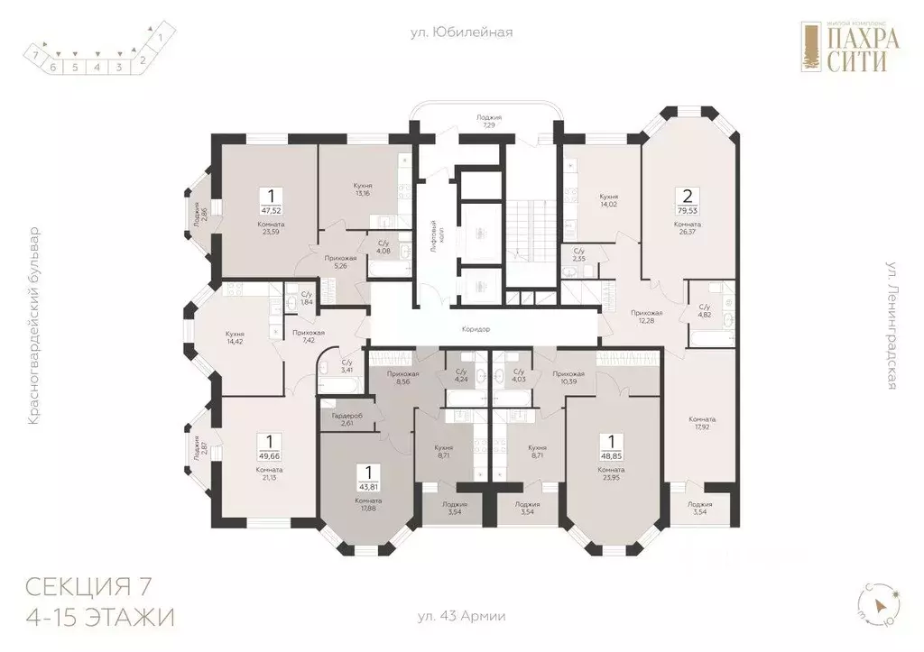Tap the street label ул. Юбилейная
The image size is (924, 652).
[x=461, y=32]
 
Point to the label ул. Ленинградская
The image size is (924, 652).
[x=890, y=326]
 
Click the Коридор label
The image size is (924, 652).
[x=475, y=330]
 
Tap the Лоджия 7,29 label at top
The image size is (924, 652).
[x=489, y=122]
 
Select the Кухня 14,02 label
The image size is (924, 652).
[x=608, y=200]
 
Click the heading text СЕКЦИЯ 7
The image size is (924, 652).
[x=88, y=588]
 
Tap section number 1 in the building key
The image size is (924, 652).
[x=160, y=38]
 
